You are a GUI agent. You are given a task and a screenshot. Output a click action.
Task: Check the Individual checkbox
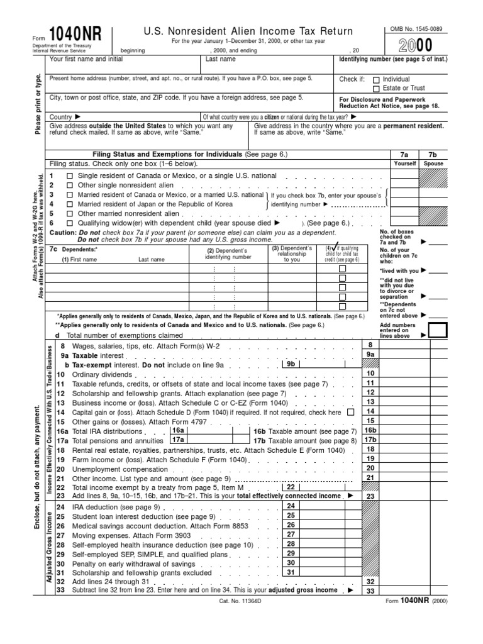point(376,80)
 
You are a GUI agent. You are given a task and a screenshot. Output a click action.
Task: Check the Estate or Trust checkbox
point(376,89)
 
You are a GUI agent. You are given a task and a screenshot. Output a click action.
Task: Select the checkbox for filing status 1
point(70,177)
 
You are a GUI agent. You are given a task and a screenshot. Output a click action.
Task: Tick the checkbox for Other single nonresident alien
point(70,186)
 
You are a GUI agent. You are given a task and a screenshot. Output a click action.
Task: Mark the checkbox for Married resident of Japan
point(70,204)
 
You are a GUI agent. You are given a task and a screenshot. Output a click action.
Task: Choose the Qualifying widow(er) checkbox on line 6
point(70,223)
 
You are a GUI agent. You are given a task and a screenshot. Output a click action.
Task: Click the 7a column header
point(404,153)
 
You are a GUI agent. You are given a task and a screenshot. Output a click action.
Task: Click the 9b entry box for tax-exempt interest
point(291,364)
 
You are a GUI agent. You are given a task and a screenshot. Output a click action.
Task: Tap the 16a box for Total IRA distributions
point(179,431)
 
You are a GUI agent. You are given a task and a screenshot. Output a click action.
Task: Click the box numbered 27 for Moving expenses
point(291,534)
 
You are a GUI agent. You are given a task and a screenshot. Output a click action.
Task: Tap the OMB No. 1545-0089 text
point(408,28)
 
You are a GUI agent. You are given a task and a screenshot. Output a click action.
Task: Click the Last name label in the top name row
point(221,59)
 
